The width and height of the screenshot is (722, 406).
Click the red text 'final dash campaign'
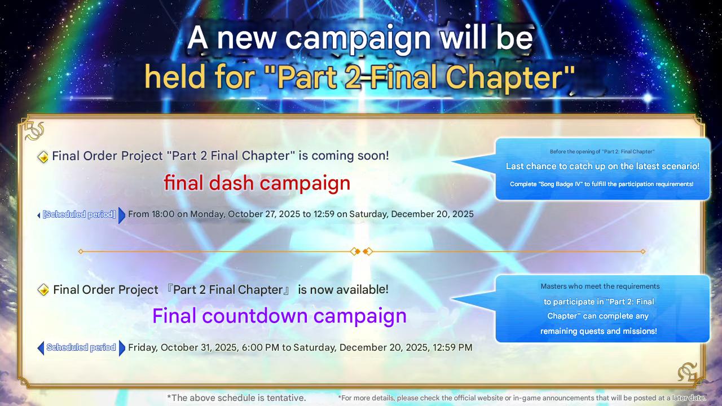coord(257,183)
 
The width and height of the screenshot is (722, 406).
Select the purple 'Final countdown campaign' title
coord(279,316)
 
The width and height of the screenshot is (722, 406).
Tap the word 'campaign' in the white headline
coord(358,39)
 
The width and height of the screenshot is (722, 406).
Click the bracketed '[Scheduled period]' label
coord(79,214)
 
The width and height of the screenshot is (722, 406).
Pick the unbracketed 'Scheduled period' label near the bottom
coord(81,347)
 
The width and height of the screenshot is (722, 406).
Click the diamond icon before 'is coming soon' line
coord(43,157)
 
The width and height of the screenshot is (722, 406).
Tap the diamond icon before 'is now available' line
coord(43,290)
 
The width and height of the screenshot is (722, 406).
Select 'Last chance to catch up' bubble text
coord(602,166)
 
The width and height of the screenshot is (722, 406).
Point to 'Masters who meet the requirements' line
coord(600,286)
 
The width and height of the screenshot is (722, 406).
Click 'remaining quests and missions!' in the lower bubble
coord(598,331)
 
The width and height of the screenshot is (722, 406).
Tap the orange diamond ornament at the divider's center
coord(362,251)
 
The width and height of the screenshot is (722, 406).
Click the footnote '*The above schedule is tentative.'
coord(236,398)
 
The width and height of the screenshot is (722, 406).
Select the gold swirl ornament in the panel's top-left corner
coord(34,131)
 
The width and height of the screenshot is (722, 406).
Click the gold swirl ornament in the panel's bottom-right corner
coord(687,372)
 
